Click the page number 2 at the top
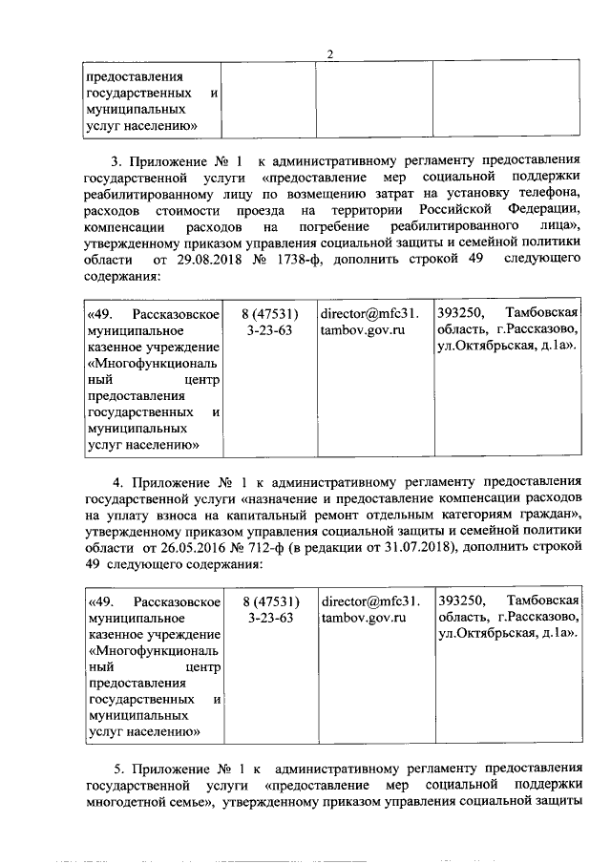[x=329, y=54]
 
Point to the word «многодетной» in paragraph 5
[x=129, y=805]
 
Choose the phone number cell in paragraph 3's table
[x=271, y=321]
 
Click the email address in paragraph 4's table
[x=369, y=610]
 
